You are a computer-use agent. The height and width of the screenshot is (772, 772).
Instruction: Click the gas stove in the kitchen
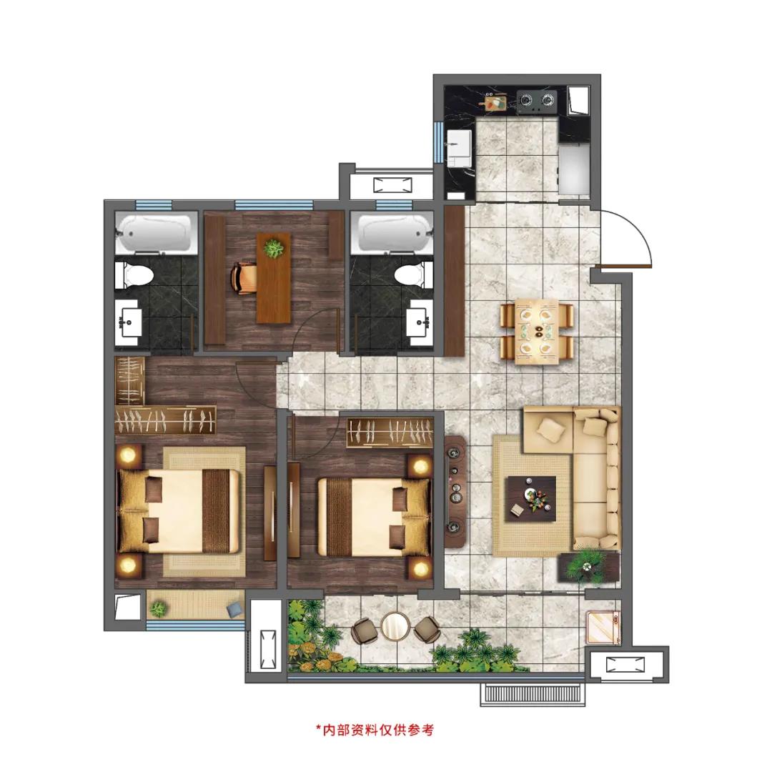[x=537, y=101]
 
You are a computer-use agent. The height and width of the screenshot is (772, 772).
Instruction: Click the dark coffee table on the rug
[x=533, y=498]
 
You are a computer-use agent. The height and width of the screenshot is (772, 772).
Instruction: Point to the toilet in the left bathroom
[x=131, y=274]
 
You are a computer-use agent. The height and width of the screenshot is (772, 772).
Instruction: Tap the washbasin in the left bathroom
[x=129, y=322]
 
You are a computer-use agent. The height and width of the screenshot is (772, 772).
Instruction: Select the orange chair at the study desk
[x=243, y=279]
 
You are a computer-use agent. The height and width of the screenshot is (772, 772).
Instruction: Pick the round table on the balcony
[x=395, y=626]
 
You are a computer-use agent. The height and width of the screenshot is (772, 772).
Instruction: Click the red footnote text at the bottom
[x=375, y=729]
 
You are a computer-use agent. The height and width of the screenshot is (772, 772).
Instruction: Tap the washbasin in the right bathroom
[x=420, y=322]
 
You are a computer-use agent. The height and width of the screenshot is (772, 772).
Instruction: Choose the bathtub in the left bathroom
[x=156, y=233]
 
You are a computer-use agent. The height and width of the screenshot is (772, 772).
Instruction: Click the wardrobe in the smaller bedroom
[x=390, y=432]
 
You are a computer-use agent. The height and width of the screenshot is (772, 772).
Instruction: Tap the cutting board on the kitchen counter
[x=496, y=102]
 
